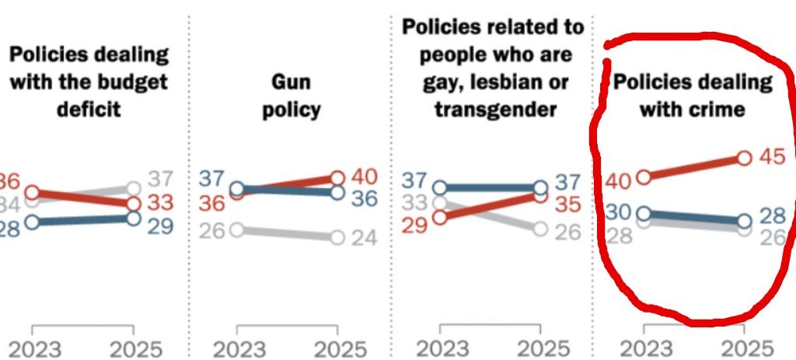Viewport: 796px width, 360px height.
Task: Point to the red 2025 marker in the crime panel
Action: coord(743,159)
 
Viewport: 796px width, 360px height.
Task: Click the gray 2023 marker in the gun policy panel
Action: coord(238,230)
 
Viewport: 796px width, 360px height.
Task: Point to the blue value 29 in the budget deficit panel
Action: coord(162,227)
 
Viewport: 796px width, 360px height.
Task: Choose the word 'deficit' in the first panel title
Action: coord(89,109)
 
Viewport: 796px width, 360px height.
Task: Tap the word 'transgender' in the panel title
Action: coord(495,109)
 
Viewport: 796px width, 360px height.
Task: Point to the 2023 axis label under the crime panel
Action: coord(644,347)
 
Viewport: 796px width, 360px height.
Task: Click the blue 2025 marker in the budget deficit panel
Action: coord(133,219)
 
